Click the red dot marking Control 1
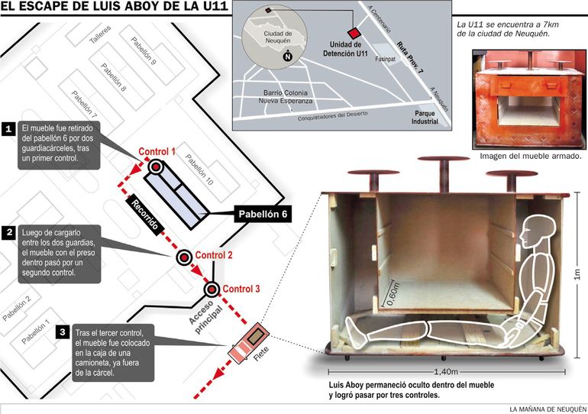click(x=155, y=167)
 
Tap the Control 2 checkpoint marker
click(x=184, y=257)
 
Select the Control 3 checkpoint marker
click(x=212, y=289)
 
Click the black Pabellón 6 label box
click(x=263, y=214)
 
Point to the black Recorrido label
click(x=144, y=215)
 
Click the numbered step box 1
click(x=8, y=129)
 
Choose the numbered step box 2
click(x=8, y=232)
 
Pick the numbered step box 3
click(x=63, y=332)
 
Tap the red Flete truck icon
click(x=249, y=342)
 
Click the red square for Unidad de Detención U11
click(x=354, y=33)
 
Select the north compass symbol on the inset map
click(x=287, y=56)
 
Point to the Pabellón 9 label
click(x=144, y=50)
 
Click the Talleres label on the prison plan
click(x=100, y=34)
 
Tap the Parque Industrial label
click(x=425, y=118)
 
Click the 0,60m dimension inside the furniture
click(x=393, y=293)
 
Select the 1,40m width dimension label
click(x=446, y=372)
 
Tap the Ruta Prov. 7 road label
click(x=410, y=57)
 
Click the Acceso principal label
click(x=205, y=318)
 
